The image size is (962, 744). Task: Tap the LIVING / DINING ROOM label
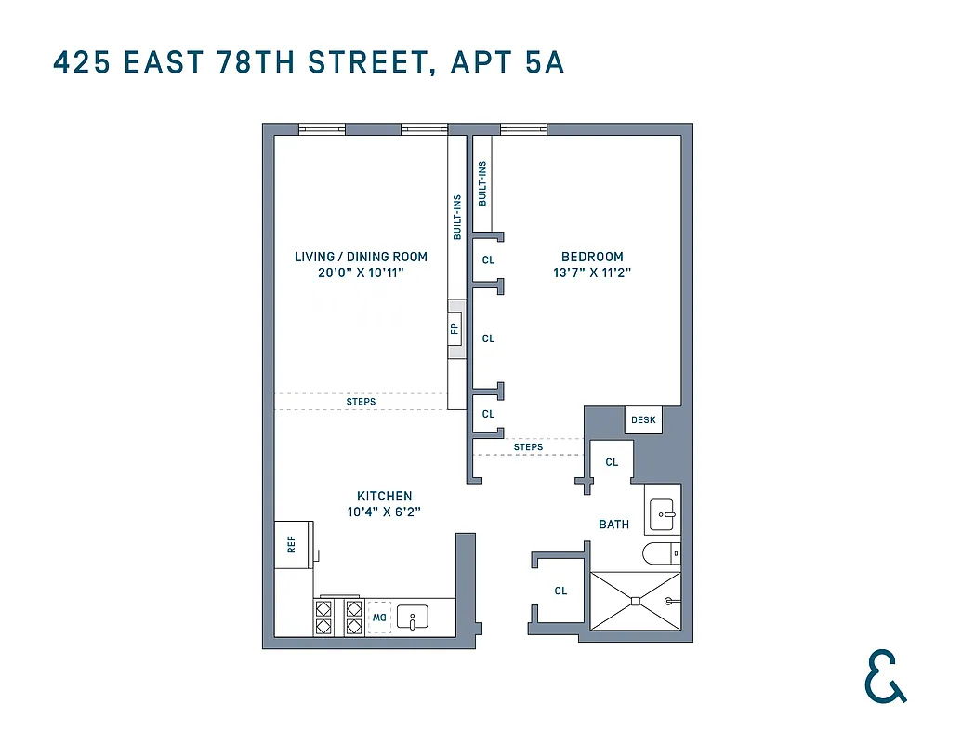(x=361, y=257)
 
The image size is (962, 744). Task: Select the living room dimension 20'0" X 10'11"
(x=361, y=273)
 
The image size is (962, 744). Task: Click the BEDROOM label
(x=592, y=257)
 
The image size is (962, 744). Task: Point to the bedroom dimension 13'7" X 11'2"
(x=592, y=273)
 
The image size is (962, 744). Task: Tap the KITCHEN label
(x=384, y=496)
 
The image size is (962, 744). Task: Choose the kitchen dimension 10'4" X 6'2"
(x=384, y=512)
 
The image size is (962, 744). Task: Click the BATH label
(x=613, y=525)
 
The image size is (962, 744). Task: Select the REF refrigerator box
(x=293, y=544)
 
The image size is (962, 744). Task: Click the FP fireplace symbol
(x=455, y=328)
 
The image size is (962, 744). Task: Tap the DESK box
(x=643, y=420)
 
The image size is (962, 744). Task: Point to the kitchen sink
(x=412, y=617)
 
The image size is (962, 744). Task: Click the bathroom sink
(x=664, y=511)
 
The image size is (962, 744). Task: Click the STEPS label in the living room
(x=361, y=402)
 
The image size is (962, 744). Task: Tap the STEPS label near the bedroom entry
(x=528, y=447)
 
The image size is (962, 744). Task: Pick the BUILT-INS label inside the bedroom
(x=481, y=183)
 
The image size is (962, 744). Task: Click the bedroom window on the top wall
(x=523, y=129)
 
